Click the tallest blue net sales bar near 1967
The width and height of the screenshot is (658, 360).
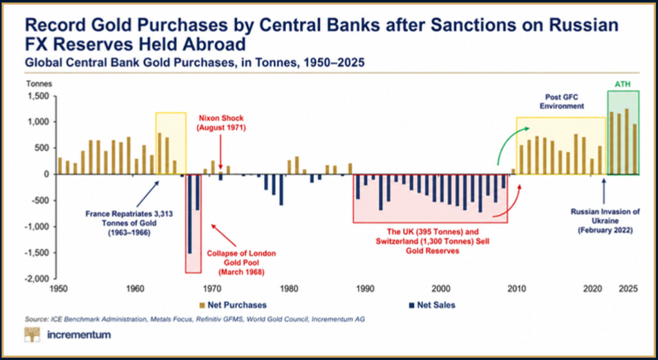[x=190, y=214]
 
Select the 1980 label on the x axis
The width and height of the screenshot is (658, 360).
[x=289, y=289]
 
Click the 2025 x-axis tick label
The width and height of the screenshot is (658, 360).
[x=628, y=289]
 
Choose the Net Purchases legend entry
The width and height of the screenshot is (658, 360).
[x=233, y=305]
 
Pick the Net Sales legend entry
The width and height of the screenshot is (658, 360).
[x=432, y=305]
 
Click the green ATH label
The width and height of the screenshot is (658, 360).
[x=623, y=85]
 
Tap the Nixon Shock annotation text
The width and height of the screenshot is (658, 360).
[x=221, y=123]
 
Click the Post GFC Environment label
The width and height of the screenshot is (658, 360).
[x=562, y=102]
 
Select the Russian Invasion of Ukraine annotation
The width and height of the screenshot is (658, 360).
[x=605, y=221]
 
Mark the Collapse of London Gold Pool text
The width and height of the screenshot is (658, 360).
[x=242, y=263]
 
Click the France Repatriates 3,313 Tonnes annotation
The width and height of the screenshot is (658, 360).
[x=129, y=223]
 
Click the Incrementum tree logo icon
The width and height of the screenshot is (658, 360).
[x=32, y=334]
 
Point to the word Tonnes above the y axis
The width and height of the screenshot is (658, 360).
[x=39, y=84]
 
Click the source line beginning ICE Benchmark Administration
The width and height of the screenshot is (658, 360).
[x=195, y=319]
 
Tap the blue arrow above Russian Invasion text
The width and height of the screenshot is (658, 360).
[x=604, y=191]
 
